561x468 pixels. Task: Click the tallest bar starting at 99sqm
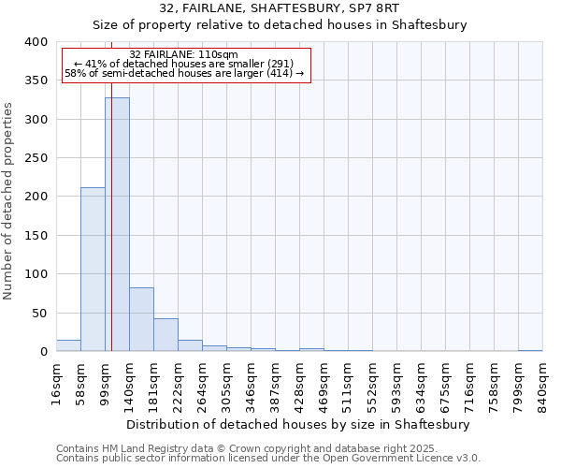[x=117, y=225]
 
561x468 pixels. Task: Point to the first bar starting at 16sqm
[x=68, y=345]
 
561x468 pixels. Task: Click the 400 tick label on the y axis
[x=36, y=42]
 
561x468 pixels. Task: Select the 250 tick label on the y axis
[x=36, y=158]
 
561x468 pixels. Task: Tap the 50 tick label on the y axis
[x=39, y=313]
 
